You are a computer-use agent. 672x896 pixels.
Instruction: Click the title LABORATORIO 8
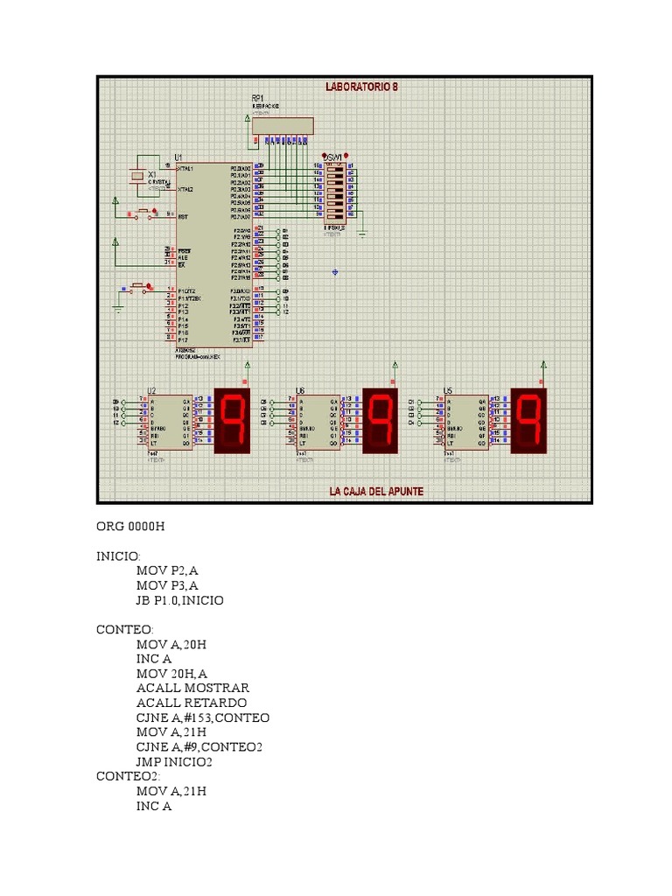[x=361, y=87]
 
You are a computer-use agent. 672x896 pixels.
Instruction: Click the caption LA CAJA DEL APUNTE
[x=376, y=492]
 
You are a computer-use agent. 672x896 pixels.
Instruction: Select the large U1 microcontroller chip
[x=214, y=254]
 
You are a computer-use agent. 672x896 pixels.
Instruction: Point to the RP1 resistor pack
[x=282, y=124]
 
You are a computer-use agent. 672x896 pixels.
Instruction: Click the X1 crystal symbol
[x=136, y=176]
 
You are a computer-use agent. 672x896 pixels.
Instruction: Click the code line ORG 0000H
[x=130, y=527]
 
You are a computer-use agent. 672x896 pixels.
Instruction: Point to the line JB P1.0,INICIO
[x=179, y=600]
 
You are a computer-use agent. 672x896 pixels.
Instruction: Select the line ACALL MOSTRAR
[x=192, y=688]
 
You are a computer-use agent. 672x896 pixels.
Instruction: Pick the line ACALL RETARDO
[x=192, y=703]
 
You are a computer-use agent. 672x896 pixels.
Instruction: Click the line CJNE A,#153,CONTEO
[x=203, y=717]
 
